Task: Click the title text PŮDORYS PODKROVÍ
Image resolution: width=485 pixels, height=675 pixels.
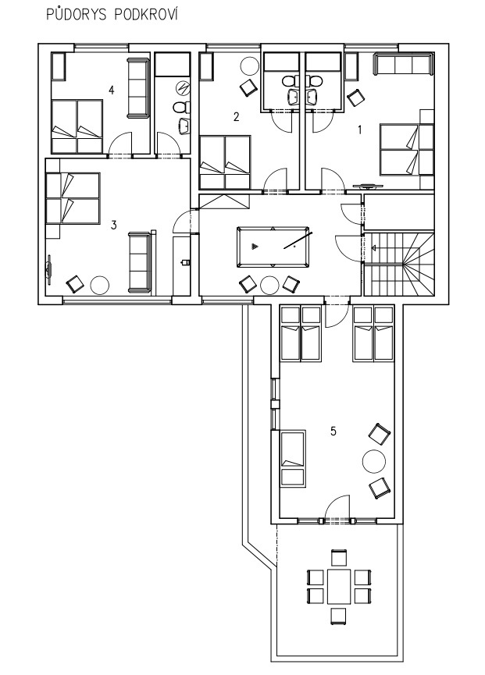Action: [x=112, y=14]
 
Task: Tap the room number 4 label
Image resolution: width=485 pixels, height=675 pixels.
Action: [x=112, y=91]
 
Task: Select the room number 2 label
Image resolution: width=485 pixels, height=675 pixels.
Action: [x=236, y=116]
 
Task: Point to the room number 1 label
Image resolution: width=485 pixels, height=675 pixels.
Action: [x=360, y=130]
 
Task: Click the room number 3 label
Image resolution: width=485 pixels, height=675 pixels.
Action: [x=114, y=225]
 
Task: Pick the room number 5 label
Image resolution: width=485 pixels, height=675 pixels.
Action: [x=333, y=431]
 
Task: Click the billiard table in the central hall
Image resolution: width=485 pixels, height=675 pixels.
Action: [x=273, y=247]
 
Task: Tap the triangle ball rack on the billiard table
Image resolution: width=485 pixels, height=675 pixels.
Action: [x=255, y=247]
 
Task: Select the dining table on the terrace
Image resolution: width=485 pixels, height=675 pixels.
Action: [x=339, y=586]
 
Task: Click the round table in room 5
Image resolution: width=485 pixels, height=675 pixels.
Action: [x=374, y=461]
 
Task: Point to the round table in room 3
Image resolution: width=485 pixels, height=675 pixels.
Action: [x=99, y=285]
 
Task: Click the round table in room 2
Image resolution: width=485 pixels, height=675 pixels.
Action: [x=249, y=66]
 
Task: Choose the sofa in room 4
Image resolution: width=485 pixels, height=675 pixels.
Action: [x=137, y=88]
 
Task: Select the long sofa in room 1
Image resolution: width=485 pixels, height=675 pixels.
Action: [x=402, y=65]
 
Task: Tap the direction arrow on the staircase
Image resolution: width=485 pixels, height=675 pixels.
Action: [x=373, y=247]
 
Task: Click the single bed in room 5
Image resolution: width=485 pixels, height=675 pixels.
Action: [x=293, y=459]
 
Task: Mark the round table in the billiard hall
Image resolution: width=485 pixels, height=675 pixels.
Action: [x=270, y=285]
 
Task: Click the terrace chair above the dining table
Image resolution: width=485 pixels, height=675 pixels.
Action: [x=339, y=558]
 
